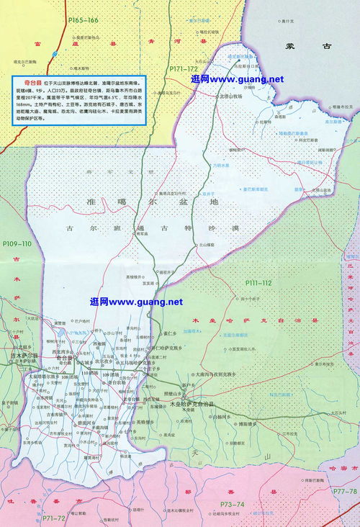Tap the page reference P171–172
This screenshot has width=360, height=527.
pos(183,68)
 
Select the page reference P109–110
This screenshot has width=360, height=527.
pos(17,244)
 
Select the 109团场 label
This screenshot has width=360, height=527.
pos(112,376)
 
